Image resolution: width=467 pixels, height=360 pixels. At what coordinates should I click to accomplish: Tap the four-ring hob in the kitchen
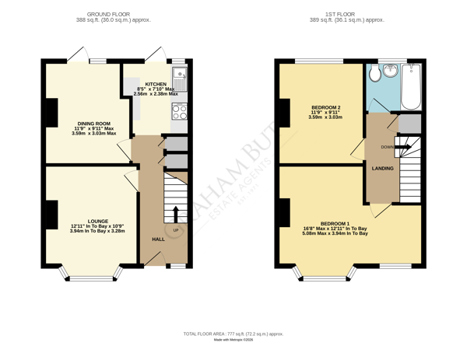tap(178, 110)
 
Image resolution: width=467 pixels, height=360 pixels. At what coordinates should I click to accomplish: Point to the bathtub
tap(413, 86)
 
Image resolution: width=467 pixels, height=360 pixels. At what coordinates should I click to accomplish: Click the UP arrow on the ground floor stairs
tap(175, 215)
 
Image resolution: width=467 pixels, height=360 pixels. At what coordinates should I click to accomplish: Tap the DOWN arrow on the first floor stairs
tap(405, 145)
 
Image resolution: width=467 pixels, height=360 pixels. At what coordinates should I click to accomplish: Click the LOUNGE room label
tap(97, 221)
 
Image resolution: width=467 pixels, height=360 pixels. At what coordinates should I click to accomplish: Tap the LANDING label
tap(382, 168)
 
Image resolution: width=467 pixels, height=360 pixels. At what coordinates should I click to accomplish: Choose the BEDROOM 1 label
tap(335, 223)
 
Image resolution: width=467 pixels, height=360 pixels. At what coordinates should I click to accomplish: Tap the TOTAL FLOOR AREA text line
tap(233, 333)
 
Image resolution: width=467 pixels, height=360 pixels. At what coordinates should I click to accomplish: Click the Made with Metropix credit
tap(233, 339)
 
